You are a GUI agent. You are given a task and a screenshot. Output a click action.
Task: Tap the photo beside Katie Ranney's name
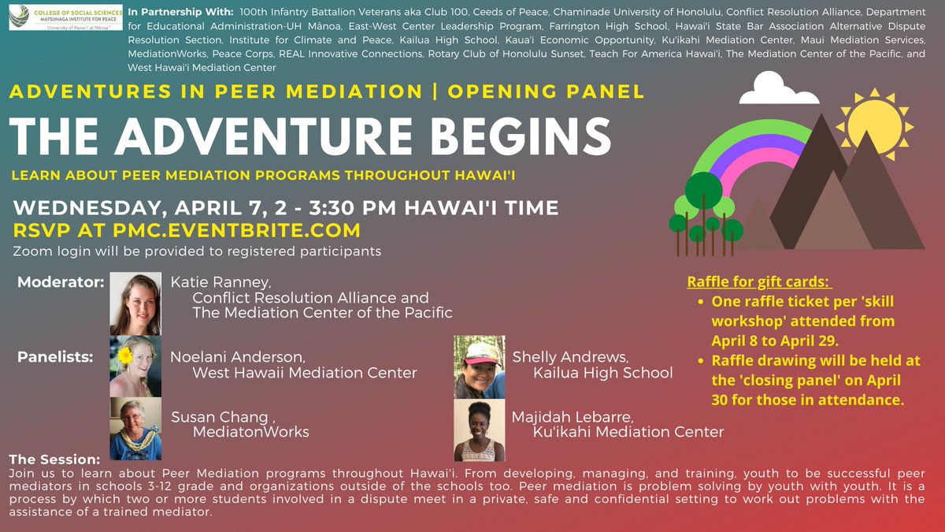(135, 303)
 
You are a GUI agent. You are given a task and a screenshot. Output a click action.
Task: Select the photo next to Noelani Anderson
(135, 366)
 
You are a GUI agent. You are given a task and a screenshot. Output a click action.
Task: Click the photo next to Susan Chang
(135, 428)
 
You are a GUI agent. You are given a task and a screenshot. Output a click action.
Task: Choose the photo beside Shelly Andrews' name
(480, 366)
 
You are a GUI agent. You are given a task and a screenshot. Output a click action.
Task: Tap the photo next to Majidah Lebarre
(480, 430)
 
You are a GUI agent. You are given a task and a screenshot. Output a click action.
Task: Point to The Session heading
(54, 459)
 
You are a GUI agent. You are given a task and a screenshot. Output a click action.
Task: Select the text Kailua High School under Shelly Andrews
(602, 372)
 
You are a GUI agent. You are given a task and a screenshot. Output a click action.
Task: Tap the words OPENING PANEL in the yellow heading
(546, 91)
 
